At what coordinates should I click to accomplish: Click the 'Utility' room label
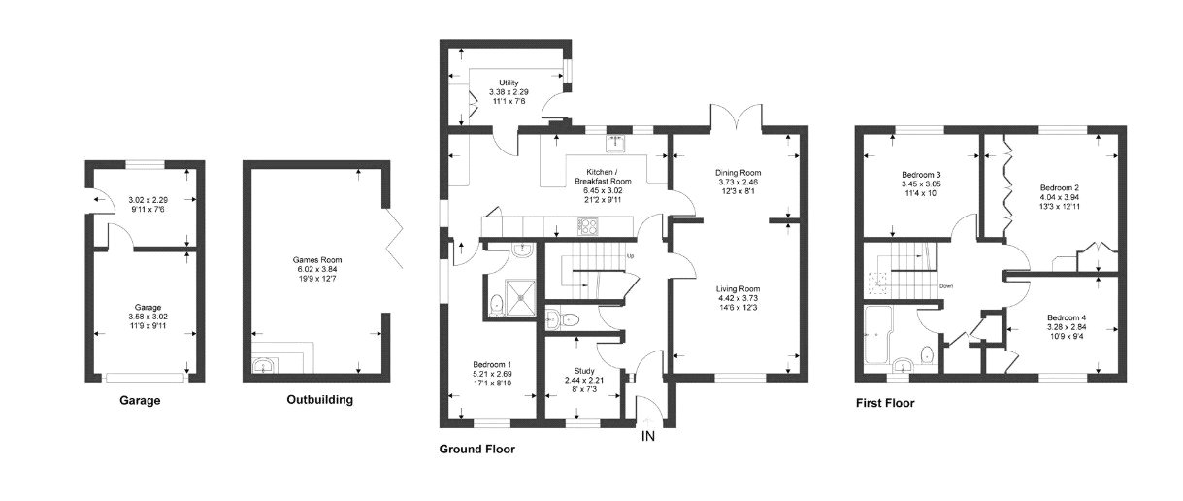coord(509,83)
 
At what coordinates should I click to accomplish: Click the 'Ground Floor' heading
coord(476,450)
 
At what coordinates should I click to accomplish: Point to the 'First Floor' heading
coord(884,403)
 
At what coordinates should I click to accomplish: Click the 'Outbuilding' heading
coord(320,399)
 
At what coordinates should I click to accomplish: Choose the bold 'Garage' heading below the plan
coord(140,399)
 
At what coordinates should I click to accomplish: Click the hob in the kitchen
coord(589,226)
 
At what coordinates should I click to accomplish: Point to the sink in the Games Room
coord(263,365)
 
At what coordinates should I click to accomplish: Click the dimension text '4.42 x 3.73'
coord(737,298)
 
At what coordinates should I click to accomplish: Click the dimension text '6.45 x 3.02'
coord(602,190)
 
